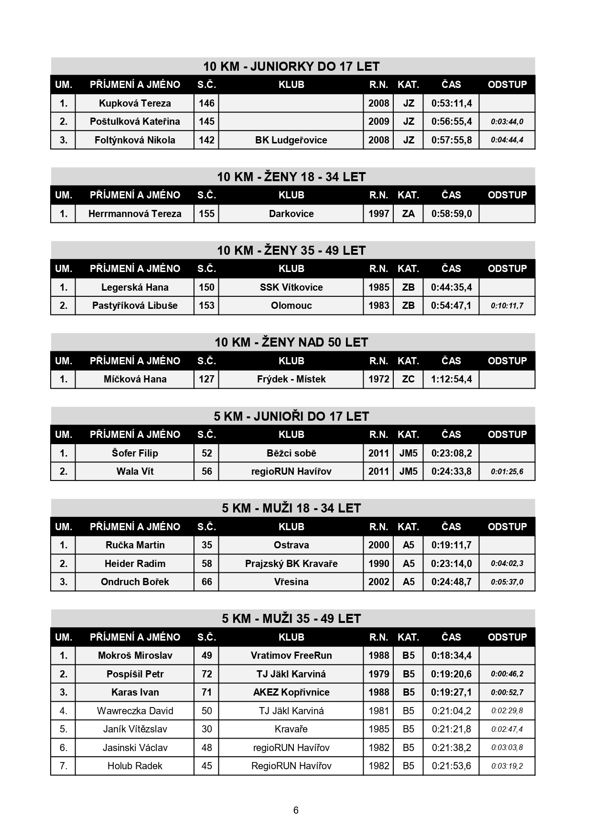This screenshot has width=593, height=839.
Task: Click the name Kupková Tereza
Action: click(135, 103)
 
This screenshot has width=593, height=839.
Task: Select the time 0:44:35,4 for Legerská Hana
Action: click(451, 287)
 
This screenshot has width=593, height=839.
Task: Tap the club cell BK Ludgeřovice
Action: click(291, 140)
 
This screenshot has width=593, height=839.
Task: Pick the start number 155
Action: click(206, 214)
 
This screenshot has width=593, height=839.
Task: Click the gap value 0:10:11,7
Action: click(507, 306)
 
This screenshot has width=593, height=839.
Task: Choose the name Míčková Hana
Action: click(135, 379)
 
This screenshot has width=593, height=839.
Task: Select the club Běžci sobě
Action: click(291, 453)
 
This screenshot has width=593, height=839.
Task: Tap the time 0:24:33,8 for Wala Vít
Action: click(451, 471)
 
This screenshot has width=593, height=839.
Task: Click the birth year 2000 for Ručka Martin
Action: click(378, 545)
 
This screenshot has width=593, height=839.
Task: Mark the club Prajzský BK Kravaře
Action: click(291, 564)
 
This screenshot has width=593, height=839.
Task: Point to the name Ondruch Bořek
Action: click(135, 582)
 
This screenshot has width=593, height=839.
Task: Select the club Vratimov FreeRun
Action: click(291, 655)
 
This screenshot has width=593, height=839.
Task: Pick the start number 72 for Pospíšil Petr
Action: click(206, 674)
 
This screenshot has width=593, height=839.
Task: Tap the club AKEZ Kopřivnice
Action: click(291, 692)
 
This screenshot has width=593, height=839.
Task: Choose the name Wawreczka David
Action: click(135, 711)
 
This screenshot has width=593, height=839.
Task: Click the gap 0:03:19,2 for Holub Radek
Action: click(507, 766)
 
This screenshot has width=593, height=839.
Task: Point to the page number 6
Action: click(296, 810)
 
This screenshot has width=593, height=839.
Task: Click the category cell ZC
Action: click(408, 379)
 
